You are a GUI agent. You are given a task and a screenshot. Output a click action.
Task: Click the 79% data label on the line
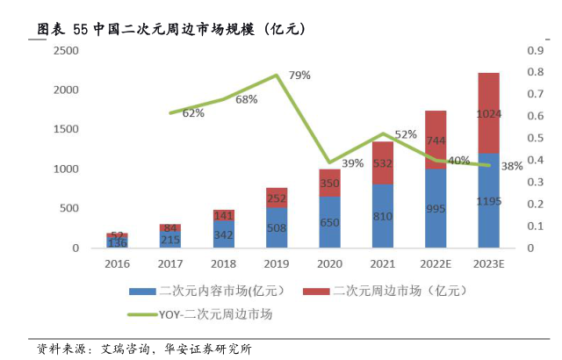point(299,75)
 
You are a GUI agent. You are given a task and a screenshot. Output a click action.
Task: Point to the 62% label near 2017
point(193,112)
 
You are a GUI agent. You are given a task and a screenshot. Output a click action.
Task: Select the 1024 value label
point(488,114)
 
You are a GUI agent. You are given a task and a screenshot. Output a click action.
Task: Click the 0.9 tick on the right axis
point(534,51)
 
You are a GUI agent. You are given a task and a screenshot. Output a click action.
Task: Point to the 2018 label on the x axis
point(223,262)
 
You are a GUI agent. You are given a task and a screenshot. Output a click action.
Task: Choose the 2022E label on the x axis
point(435,262)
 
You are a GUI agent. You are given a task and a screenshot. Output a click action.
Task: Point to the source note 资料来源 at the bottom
point(145,349)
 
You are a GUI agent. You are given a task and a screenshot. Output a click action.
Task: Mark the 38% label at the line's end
point(512,165)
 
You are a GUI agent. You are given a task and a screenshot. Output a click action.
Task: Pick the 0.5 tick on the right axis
point(534,139)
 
